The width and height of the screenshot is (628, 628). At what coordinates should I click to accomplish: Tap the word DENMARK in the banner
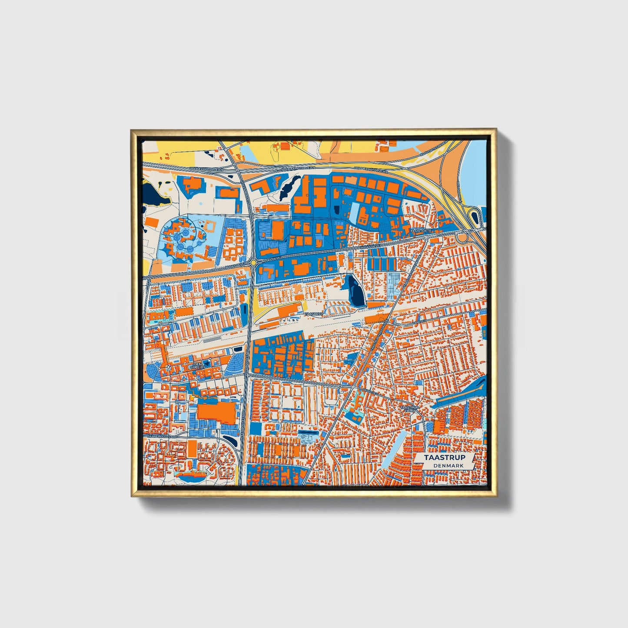448,465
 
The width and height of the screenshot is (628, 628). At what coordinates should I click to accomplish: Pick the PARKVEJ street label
419,322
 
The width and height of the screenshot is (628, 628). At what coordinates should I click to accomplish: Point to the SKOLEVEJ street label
370,391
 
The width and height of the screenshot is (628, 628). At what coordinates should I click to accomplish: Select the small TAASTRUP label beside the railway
314,313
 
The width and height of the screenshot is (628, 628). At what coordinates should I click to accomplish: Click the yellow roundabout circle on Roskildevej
253,262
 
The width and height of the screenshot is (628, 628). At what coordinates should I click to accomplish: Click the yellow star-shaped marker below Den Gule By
192,397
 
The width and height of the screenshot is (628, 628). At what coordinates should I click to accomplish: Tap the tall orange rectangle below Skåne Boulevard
192,449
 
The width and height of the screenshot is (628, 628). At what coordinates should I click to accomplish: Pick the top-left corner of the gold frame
132,130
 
